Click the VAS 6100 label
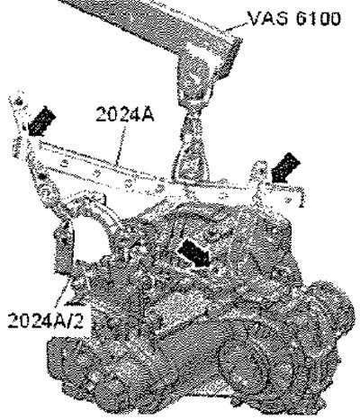(x=294, y=19)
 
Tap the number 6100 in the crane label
(x=319, y=19)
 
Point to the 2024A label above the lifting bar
(x=125, y=114)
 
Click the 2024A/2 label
(x=45, y=320)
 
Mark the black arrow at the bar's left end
(x=41, y=121)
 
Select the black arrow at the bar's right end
(x=285, y=167)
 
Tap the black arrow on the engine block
(x=195, y=254)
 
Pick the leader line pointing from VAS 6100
(x=237, y=26)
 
